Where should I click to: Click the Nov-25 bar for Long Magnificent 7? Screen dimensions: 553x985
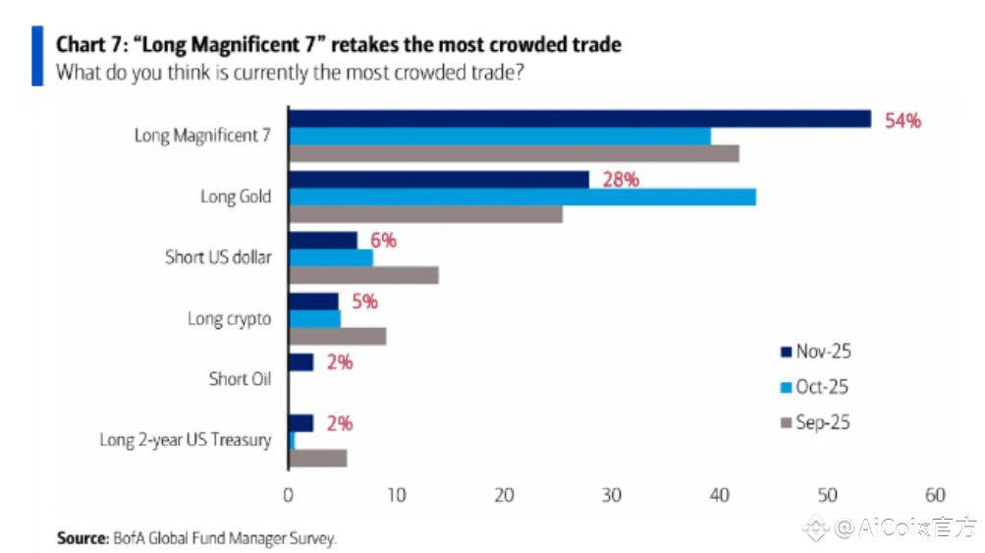[x=579, y=119]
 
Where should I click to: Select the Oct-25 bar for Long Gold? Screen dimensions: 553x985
[x=521, y=196]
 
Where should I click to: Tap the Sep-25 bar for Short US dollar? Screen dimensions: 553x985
[x=363, y=275]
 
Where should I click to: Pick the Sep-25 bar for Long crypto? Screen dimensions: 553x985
[x=337, y=336]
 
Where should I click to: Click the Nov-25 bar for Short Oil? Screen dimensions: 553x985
[x=301, y=362]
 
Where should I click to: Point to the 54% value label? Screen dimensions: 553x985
[x=903, y=121]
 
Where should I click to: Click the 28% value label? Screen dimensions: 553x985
[x=620, y=180]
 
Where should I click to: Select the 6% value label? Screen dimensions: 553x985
[x=382, y=241]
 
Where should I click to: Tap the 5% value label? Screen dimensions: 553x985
[x=363, y=302]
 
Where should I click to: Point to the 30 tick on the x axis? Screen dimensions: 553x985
[x=612, y=496]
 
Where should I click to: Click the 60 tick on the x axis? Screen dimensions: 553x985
[x=934, y=496]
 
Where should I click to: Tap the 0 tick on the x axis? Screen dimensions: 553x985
[x=289, y=496]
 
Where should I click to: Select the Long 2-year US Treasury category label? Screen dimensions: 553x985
[x=185, y=440]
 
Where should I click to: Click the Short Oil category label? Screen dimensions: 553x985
[x=240, y=378]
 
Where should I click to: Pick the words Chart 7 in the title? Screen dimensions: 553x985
[x=89, y=44]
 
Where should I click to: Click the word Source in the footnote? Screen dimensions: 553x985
[x=81, y=538]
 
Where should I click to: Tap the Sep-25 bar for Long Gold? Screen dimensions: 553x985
[x=425, y=214]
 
